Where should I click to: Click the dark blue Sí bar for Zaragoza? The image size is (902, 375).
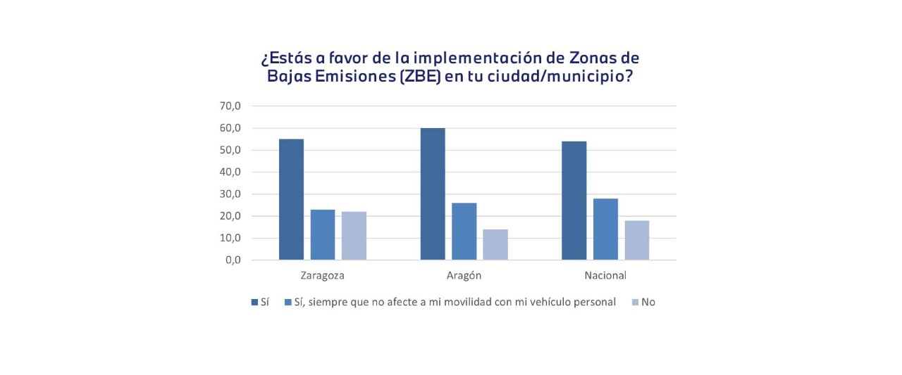coord(292,199)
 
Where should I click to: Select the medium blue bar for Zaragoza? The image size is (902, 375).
coord(323,234)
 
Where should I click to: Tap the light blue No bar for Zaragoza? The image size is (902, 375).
coord(354,236)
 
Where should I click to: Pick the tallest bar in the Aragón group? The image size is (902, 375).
coord(433,193)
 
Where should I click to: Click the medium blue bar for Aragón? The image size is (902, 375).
coord(464,231)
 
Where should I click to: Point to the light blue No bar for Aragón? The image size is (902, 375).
coord(495,244)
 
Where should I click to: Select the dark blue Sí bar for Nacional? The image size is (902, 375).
coord(574,201)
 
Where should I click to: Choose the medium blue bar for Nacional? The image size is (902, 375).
coord(605,229)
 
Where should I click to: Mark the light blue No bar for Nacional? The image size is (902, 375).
coord(636,240)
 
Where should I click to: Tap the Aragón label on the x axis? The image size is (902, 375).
coord(464,275)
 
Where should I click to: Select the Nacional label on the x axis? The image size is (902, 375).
coord(605,275)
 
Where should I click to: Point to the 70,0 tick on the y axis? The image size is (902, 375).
coord(230,106)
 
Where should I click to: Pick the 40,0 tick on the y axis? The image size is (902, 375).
coord(230,172)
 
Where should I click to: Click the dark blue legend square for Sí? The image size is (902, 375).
coord(255,303)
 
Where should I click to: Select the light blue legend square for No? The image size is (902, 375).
coord(635,303)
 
